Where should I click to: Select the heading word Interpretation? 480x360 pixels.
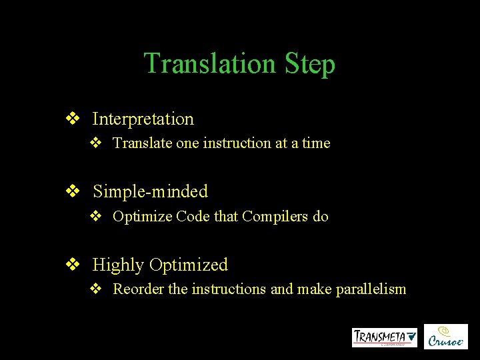143,119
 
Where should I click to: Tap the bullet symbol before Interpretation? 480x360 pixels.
72,119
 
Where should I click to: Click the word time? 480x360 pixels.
315,143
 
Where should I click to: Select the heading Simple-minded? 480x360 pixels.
150,192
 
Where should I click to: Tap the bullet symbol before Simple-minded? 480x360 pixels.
72,192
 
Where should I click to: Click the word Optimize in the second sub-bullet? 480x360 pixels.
142,217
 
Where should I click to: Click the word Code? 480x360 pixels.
193,217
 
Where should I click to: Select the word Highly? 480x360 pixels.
118,265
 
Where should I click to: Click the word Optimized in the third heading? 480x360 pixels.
189,265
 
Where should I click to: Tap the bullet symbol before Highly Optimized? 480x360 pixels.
72,265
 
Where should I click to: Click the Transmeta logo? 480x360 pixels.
385,337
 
